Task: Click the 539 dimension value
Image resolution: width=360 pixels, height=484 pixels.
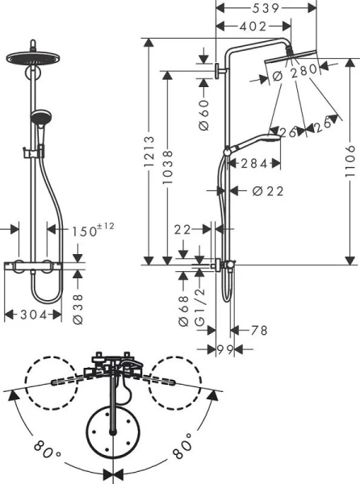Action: [264, 8]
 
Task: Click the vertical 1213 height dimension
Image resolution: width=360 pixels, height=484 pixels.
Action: [150, 151]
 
